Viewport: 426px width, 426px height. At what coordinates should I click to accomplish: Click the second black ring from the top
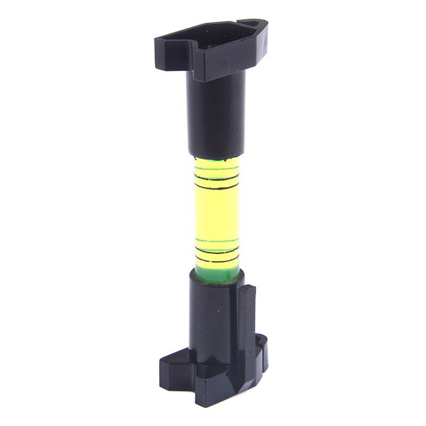(x=216, y=185)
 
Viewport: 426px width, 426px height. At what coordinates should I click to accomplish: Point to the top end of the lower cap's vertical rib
(x=248, y=290)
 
